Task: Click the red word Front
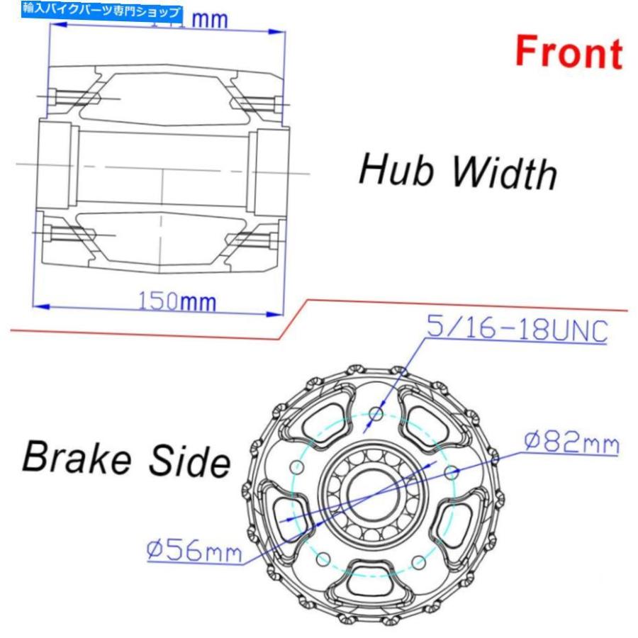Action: pyautogui.click(x=569, y=52)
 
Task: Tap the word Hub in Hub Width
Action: pyautogui.click(x=398, y=169)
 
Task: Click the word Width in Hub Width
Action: pyautogui.click(x=504, y=173)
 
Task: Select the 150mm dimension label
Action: pyautogui.click(x=177, y=301)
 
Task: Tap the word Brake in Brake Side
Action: pyautogui.click(x=77, y=458)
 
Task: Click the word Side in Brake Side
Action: pyautogui.click(x=189, y=461)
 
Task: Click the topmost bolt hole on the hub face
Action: pyautogui.click(x=377, y=413)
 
